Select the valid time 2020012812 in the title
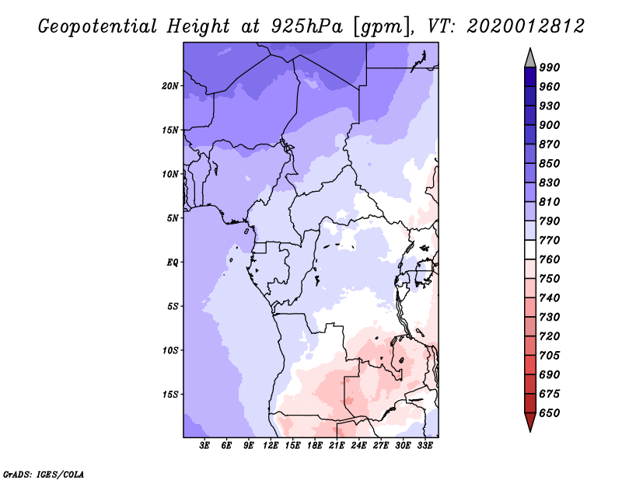(x=526, y=26)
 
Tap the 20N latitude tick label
(x=170, y=85)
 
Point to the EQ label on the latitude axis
(x=173, y=263)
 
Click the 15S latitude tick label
(x=170, y=395)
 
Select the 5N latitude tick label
(x=173, y=218)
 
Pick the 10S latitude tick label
(x=170, y=350)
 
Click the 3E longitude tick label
(x=205, y=446)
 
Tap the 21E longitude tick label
(x=337, y=446)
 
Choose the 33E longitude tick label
(x=425, y=446)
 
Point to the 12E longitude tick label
(x=271, y=446)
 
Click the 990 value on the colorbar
(x=550, y=68)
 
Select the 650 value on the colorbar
(x=550, y=413)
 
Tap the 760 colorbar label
(x=550, y=259)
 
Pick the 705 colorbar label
(x=550, y=355)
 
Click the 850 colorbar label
(x=550, y=163)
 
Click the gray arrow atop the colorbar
(x=529, y=57)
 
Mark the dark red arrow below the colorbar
(x=529, y=423)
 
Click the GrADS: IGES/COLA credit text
(x=43, y=473)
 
